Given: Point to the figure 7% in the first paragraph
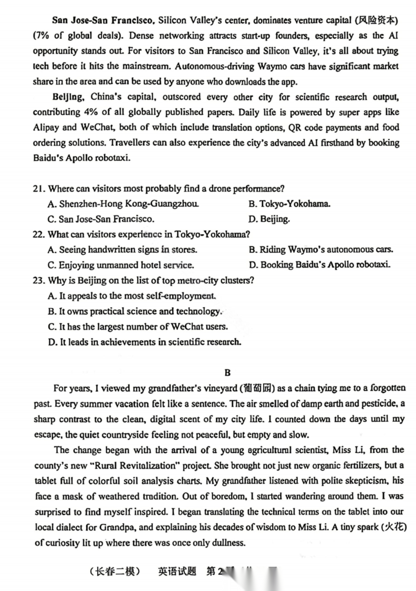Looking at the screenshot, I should tap(44, 36).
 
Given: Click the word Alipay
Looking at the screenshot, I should tap(46, 128).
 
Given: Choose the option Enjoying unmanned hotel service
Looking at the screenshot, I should tap(121, 265).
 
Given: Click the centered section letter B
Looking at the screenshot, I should tap(227, 373).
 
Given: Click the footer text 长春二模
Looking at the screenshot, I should tap(115, 572).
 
